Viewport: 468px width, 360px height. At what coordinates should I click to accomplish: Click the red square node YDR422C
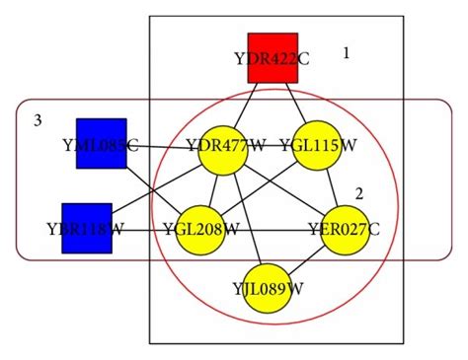pyautogui.click(x=272, y=58)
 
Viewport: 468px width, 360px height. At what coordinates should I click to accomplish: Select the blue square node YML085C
pyautogui.click(x=102, y=143)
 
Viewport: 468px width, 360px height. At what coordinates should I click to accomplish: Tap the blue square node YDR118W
pyautogui.click(x=86, y=228)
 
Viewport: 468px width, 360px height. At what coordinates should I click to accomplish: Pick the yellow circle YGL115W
pyautogui.click(x=317, y=147)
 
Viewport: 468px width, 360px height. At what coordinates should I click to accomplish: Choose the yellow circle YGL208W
pyautogui.click(x=201, y=230)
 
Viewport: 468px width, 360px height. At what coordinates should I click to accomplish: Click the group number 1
pyautogui.click(x=346, y=53)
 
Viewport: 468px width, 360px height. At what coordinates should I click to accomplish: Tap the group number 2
pyautogui.click(x=359, y=193)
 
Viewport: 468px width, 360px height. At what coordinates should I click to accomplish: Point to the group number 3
pyautogui.click(x=37, y=120)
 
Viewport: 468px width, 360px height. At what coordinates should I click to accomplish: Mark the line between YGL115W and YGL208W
pyautogui.click(x=259, y=188)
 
